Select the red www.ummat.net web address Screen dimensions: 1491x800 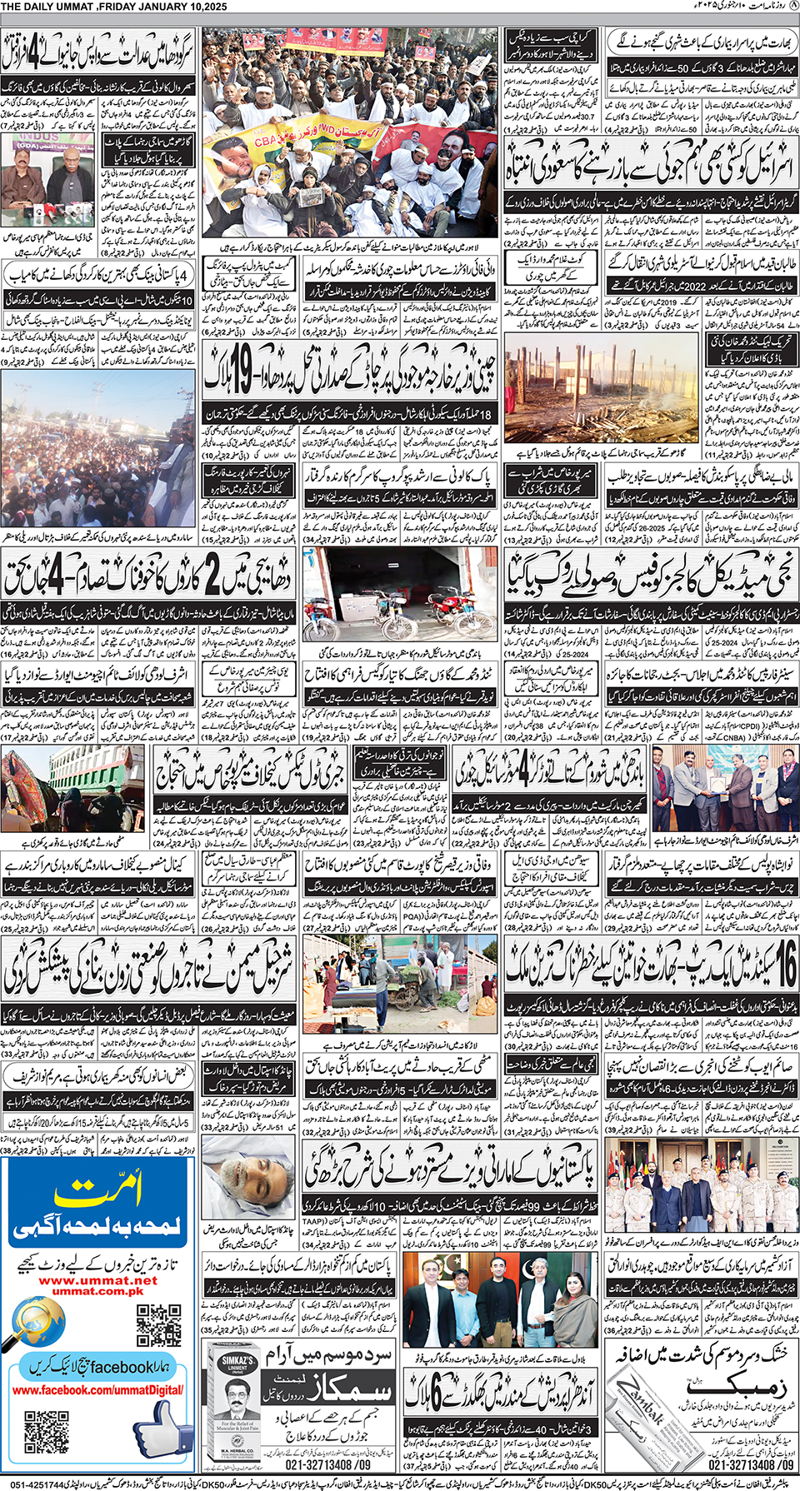coord(97,1280)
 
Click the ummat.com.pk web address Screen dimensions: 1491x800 coord(97,1291)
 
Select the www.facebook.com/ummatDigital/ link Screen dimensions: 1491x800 coord(97,1390)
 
